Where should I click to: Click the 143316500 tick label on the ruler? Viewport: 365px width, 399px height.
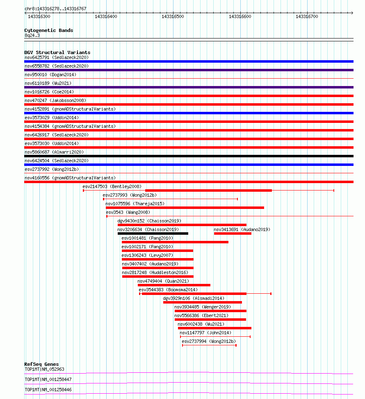click(x=173, y=16)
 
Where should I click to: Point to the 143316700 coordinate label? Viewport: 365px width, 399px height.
click(x=307, y=16)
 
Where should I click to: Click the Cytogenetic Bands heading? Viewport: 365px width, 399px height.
click(x=48, y=30)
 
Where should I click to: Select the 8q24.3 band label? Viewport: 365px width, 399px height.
click(x=32, y=35)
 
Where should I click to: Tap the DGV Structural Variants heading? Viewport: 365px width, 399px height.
click(x=57, y=52)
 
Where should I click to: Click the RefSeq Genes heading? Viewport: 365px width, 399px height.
click(x=41, y=364)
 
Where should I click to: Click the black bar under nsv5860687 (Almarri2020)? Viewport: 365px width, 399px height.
click(x=189, y=156)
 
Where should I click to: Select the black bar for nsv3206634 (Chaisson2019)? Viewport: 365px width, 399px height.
click(x=153, y=234)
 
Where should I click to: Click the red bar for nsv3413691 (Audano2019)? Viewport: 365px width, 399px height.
click(x=233, y=234)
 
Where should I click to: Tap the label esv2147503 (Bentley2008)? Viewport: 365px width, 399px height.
click(x=106, y=186)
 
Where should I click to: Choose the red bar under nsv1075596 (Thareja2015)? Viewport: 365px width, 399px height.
click(x=185, y=208)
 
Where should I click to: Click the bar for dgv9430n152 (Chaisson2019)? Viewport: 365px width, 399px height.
click(x=182, y=225)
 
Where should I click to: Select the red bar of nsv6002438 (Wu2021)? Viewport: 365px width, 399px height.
click(x=214, y=328)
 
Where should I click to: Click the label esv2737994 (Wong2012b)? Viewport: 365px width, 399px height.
click(x=209, y=341)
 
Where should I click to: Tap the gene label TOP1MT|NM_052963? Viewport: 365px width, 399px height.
click(x=45, y=369)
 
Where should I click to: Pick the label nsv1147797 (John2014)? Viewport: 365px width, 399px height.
click(x=205, y=333)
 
